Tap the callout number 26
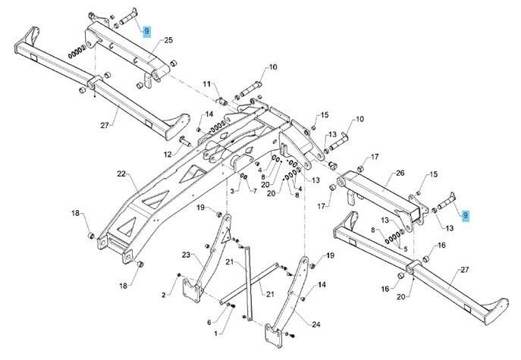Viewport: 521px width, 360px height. (400, 173)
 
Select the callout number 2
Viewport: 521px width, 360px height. (163, 295)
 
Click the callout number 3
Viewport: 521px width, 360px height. (232, 189)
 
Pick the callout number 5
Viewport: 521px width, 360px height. (406, 248)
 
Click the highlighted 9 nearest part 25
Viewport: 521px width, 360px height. (147, 32)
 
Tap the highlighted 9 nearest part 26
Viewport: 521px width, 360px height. (466, 215)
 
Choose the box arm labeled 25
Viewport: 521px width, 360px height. (121, 53)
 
